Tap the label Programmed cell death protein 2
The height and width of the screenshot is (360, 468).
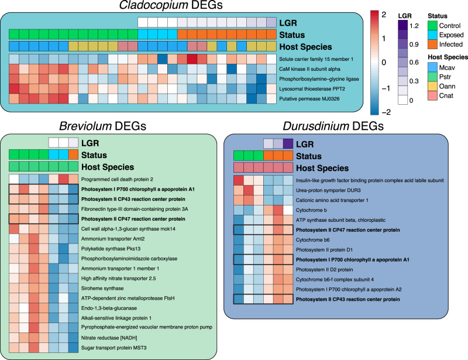[x=119, y=179]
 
